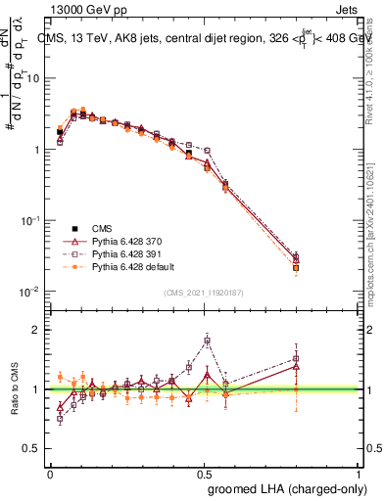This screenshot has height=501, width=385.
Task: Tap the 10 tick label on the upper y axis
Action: click(31, 78)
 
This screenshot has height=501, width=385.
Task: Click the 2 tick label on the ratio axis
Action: click(37, 330)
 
